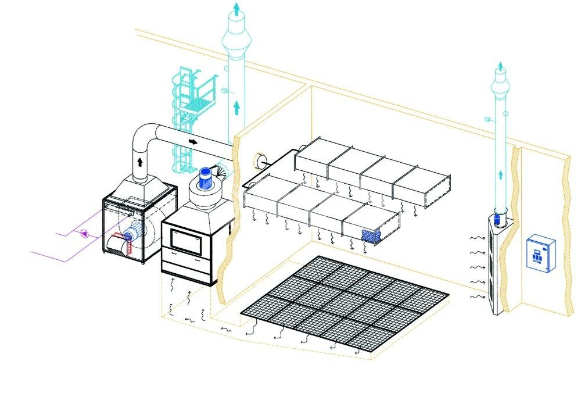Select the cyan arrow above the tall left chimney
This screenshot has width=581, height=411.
tap(235, 8)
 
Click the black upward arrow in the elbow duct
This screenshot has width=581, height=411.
tap(140, 161)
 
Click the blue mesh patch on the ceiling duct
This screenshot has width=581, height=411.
tap(371, 235)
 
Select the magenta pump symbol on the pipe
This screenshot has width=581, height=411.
tap(84, 234)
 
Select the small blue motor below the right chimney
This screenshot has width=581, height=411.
tap(498, 219)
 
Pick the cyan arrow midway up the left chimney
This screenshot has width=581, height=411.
tap(236, 106)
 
